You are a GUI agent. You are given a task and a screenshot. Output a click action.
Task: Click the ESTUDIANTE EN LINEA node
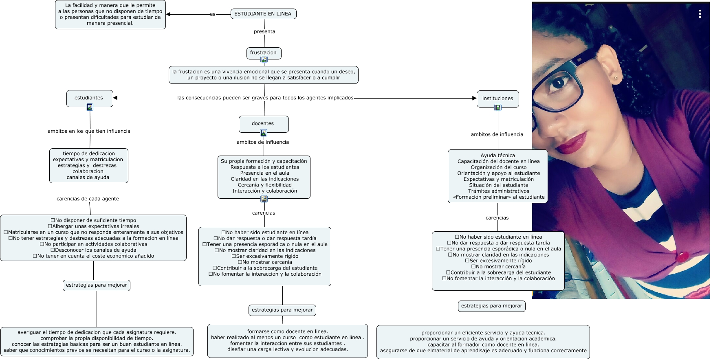(263, 14)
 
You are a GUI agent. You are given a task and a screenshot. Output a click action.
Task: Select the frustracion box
(263, 53)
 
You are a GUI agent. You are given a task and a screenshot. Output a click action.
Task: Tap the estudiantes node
(89, 98)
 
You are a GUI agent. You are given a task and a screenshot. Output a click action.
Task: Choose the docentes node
(263, 123)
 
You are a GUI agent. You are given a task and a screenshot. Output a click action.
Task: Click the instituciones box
(497, 99)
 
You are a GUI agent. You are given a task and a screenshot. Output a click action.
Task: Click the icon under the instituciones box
(498, 108)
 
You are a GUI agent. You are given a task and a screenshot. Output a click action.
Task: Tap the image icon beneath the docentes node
(264, 133)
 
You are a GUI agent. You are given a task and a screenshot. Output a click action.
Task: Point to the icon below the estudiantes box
(90, 107)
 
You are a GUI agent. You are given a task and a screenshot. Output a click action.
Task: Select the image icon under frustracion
(264, 60)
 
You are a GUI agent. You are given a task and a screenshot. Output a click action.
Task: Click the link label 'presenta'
(264, 31)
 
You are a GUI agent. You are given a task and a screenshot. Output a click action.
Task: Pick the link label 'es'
(212, 14)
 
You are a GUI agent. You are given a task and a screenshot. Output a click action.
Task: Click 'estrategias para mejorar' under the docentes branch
(282, 310)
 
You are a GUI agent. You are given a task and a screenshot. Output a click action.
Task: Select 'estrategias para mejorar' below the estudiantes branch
(97, 285)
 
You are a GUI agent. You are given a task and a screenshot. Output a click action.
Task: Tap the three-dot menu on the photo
(700, 14)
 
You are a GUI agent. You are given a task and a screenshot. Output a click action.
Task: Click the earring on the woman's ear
(616, 77)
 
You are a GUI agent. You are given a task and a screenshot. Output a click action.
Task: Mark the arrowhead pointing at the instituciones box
(474, 98)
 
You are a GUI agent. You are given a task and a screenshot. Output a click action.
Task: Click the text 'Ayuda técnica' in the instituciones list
(497, 156)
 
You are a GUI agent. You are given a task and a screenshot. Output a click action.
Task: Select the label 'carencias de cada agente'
(88, 199)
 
